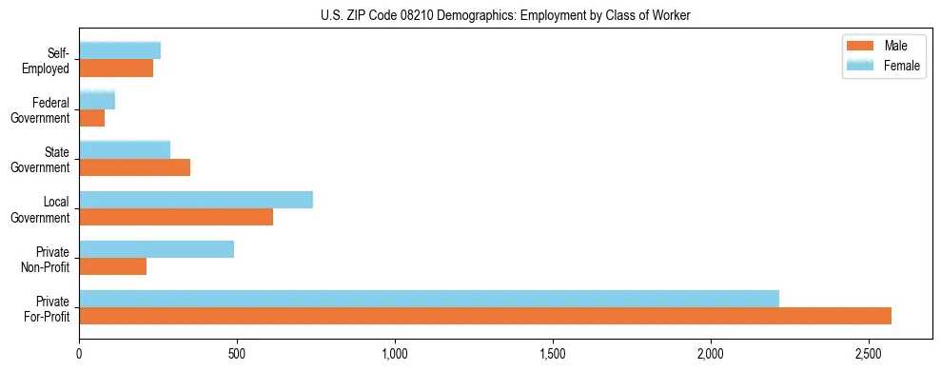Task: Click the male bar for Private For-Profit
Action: tap(485, 316)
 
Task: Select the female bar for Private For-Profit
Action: tap(429, 299)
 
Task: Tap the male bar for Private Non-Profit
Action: tap(113, 266)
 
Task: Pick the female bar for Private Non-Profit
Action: tap(157, 249)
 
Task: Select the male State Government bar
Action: tap(135, 167)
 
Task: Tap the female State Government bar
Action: tap(125, 150)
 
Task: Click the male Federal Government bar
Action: tap(92, 118)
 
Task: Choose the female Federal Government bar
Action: tap(97, 101)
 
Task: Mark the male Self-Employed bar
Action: tap(116, 68)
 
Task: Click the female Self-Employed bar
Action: tap(120, 51)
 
